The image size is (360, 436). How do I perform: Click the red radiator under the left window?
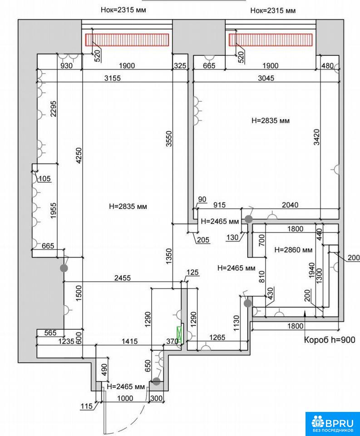(127, 40)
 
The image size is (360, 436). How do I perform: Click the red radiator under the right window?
(271, 40)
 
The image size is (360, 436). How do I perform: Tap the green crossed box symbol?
(180, 335)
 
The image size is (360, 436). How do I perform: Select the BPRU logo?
(332, 424)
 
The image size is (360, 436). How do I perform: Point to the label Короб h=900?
(330, 340)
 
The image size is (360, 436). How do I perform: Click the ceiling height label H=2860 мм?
(293, 250)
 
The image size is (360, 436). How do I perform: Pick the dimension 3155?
(113, 78)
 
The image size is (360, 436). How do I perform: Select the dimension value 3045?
(266, 78)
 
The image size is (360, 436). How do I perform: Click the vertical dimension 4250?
(79, 155)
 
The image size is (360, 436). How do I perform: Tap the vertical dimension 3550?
(169, 139)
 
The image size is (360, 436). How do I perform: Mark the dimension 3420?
(316, 137)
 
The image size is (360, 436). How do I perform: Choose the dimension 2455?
(122, 278)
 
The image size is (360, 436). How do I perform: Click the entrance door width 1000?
(125, 398)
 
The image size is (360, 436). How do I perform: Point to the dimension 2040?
(290, 205)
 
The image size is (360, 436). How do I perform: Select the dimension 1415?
(129, 341)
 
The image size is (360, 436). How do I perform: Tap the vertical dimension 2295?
(54, 109)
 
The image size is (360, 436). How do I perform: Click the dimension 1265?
(217, 337)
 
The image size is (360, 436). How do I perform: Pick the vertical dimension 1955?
(54, 211)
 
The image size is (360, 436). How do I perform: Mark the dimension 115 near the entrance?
(86, 406)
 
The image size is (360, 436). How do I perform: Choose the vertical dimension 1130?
(237, 323)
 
